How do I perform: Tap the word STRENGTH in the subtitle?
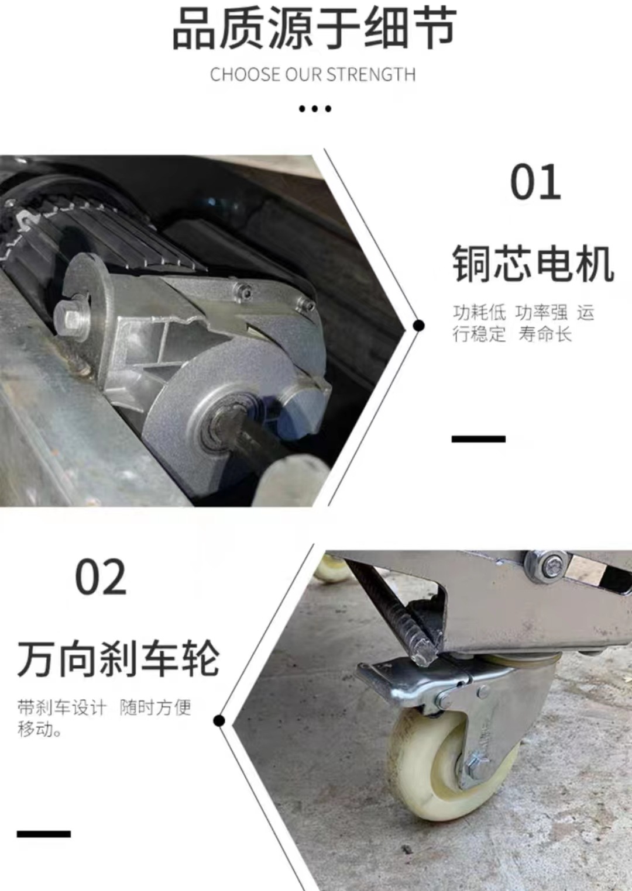click(371, 75)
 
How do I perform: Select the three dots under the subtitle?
click(315, 109)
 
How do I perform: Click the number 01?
click(535, 182)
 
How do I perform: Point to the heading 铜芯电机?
click(533, 264)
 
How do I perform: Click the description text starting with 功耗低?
click(523, 323)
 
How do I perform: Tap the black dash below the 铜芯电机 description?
click(478, 438)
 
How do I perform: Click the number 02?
click(101, 578)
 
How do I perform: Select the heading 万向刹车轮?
click(118, 659)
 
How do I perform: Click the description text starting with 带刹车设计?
click(104, 718)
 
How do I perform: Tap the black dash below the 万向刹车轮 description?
click(44, 834)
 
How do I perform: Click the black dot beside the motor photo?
click(418, 325)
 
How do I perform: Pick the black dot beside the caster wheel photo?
click(219, 720)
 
